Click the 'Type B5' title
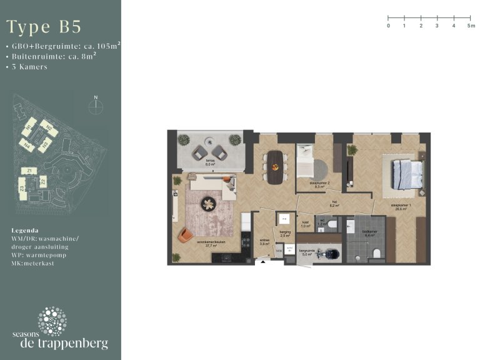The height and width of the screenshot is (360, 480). tap(44, 27)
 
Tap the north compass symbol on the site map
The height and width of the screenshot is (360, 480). tap(96, 105)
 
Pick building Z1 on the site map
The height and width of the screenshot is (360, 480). tap(29, 170)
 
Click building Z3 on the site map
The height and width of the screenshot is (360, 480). tap(22, 187)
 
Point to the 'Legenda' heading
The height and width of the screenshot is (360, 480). tap(25, 230)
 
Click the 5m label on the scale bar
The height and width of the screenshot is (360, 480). tap(470, 26)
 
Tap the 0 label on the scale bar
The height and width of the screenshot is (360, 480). tap(388, 26)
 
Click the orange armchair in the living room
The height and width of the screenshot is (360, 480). tap(186, 235)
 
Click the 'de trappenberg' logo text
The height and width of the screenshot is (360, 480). tap(64, 344)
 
